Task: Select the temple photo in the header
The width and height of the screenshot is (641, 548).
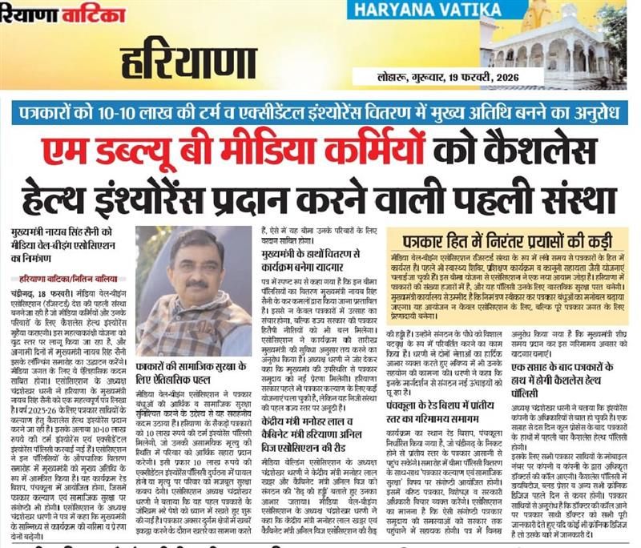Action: [x=565, y=43]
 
